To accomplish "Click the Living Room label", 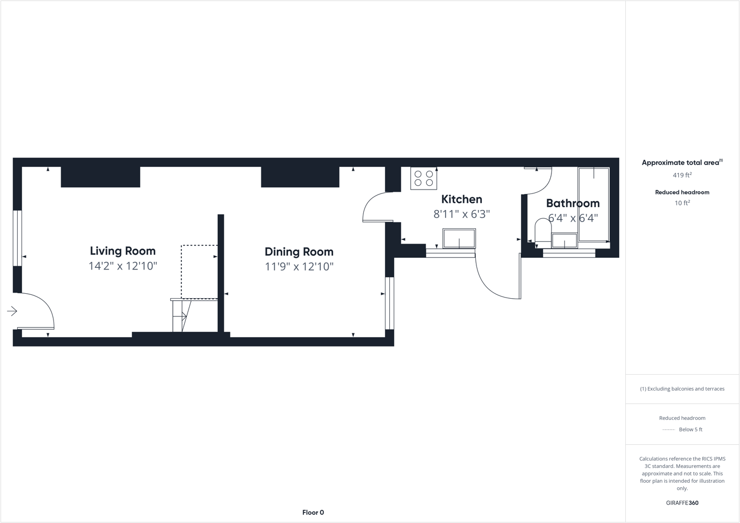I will point(122,251).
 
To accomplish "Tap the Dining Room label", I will point(299,252).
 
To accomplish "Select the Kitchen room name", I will point(462,200).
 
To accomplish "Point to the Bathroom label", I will point(572,203).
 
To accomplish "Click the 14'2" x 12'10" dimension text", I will point(122,266).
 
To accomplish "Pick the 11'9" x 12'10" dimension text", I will point(299,267).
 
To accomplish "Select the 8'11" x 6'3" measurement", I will point(462,214).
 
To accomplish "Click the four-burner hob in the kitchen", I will point(423,179).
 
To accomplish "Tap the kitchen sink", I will point(459,239).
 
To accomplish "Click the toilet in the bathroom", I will point(543,230).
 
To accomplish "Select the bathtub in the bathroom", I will point(593,204).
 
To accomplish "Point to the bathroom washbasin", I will point(564,241).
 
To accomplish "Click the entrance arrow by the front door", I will point(12,311).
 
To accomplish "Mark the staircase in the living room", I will point(181,316).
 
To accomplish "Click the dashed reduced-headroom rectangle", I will point(199,271).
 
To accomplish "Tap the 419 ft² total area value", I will point(682,175).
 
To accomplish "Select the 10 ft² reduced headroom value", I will point(682,203).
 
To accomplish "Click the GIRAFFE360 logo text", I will point(682,503).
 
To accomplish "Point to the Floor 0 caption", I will point(313,513).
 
